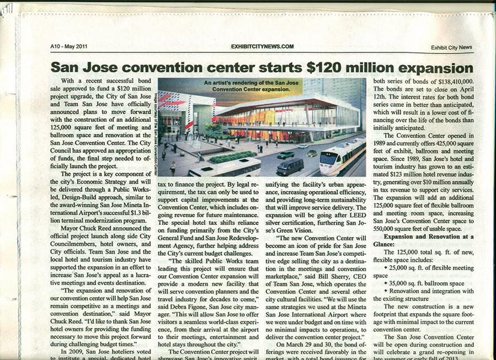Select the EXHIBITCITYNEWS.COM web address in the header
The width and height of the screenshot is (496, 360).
click(x=262, y=46)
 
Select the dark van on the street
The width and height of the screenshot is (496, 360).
click(x=290, y=165)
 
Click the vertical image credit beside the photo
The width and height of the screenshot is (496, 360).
click(x=155, y=127)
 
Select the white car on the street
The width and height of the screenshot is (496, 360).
click(x=302, y=146)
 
